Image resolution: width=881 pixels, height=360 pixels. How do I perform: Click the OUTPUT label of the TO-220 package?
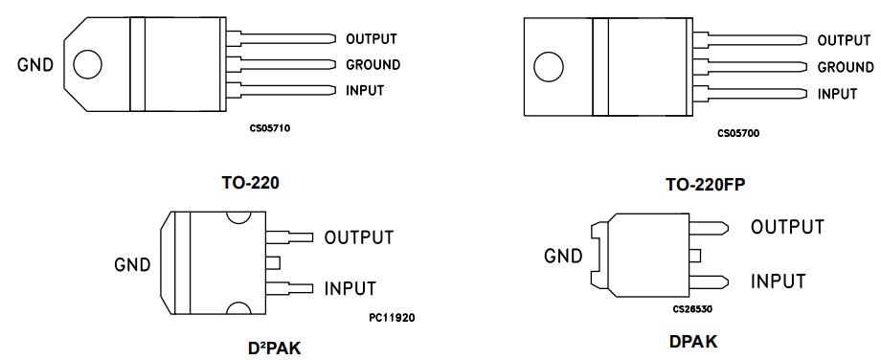(x=371, y=39)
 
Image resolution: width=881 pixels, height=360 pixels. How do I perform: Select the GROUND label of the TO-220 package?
(x=373, y=65)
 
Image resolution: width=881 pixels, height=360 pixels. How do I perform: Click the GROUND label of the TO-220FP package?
(x=845, y=68)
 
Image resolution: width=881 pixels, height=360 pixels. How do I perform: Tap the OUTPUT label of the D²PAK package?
(x=359, y=237)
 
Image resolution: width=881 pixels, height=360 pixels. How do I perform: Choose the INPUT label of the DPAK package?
(x=778, y=281)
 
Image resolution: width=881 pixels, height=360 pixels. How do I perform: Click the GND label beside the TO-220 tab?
(x=35, y=66)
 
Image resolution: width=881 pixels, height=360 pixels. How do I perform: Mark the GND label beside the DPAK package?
(x=563, y=257)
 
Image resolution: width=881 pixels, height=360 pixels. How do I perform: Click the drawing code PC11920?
(x=391, y=317)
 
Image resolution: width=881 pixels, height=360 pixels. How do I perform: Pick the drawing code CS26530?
(x=693, y=309)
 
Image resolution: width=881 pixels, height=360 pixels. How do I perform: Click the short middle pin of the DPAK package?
(x=695, y=255)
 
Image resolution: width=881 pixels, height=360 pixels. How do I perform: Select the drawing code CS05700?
(x=738, y=133)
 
